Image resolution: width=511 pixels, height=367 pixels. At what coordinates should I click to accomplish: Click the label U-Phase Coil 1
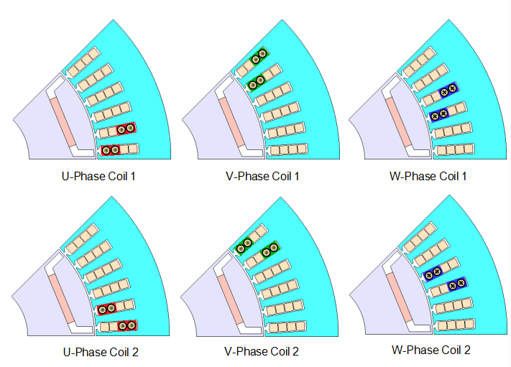tap(98, 175)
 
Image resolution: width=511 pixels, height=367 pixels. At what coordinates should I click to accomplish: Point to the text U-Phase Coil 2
tap(98, 352)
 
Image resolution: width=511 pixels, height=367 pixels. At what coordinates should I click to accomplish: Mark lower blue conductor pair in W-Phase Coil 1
tap(438, 113)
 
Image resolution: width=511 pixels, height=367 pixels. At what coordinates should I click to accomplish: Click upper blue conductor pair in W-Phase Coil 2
tap(433, 271)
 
